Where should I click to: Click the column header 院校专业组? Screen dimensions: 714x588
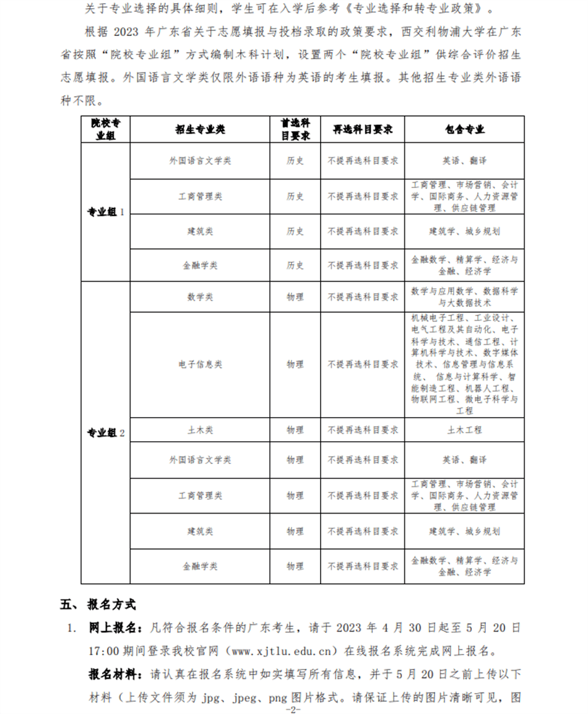coord(106,129)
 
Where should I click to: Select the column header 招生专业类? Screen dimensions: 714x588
coord(200,129)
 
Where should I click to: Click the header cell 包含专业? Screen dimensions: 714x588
coord(464,129)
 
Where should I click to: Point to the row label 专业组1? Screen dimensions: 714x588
coord(106,212)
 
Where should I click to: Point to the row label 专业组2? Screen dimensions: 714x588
coord(106,433)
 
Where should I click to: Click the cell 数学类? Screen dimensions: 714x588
coord(200,297)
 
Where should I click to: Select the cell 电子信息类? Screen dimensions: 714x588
coord(200,364)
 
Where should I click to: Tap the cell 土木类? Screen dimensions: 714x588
coord(200,429)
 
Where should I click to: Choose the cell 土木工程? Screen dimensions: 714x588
coord(464,429)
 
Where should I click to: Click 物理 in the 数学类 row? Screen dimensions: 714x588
coord(295,297)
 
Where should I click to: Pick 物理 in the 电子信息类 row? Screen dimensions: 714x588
coord(295,364)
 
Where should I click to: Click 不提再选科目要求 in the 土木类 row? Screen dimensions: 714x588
coord(363,429)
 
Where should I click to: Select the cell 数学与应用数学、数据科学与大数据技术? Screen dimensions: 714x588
coord(464,297)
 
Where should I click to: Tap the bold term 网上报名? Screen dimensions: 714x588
coord(115,628)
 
